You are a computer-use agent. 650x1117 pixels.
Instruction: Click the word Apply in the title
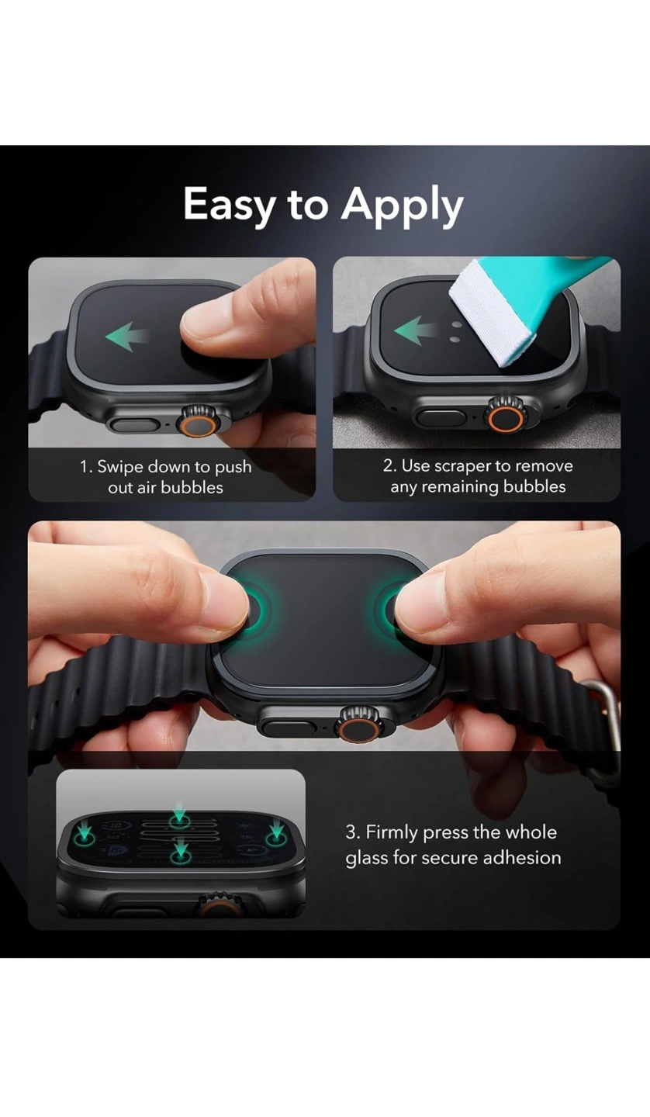403,206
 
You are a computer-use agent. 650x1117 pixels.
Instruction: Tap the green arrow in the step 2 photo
415,330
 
